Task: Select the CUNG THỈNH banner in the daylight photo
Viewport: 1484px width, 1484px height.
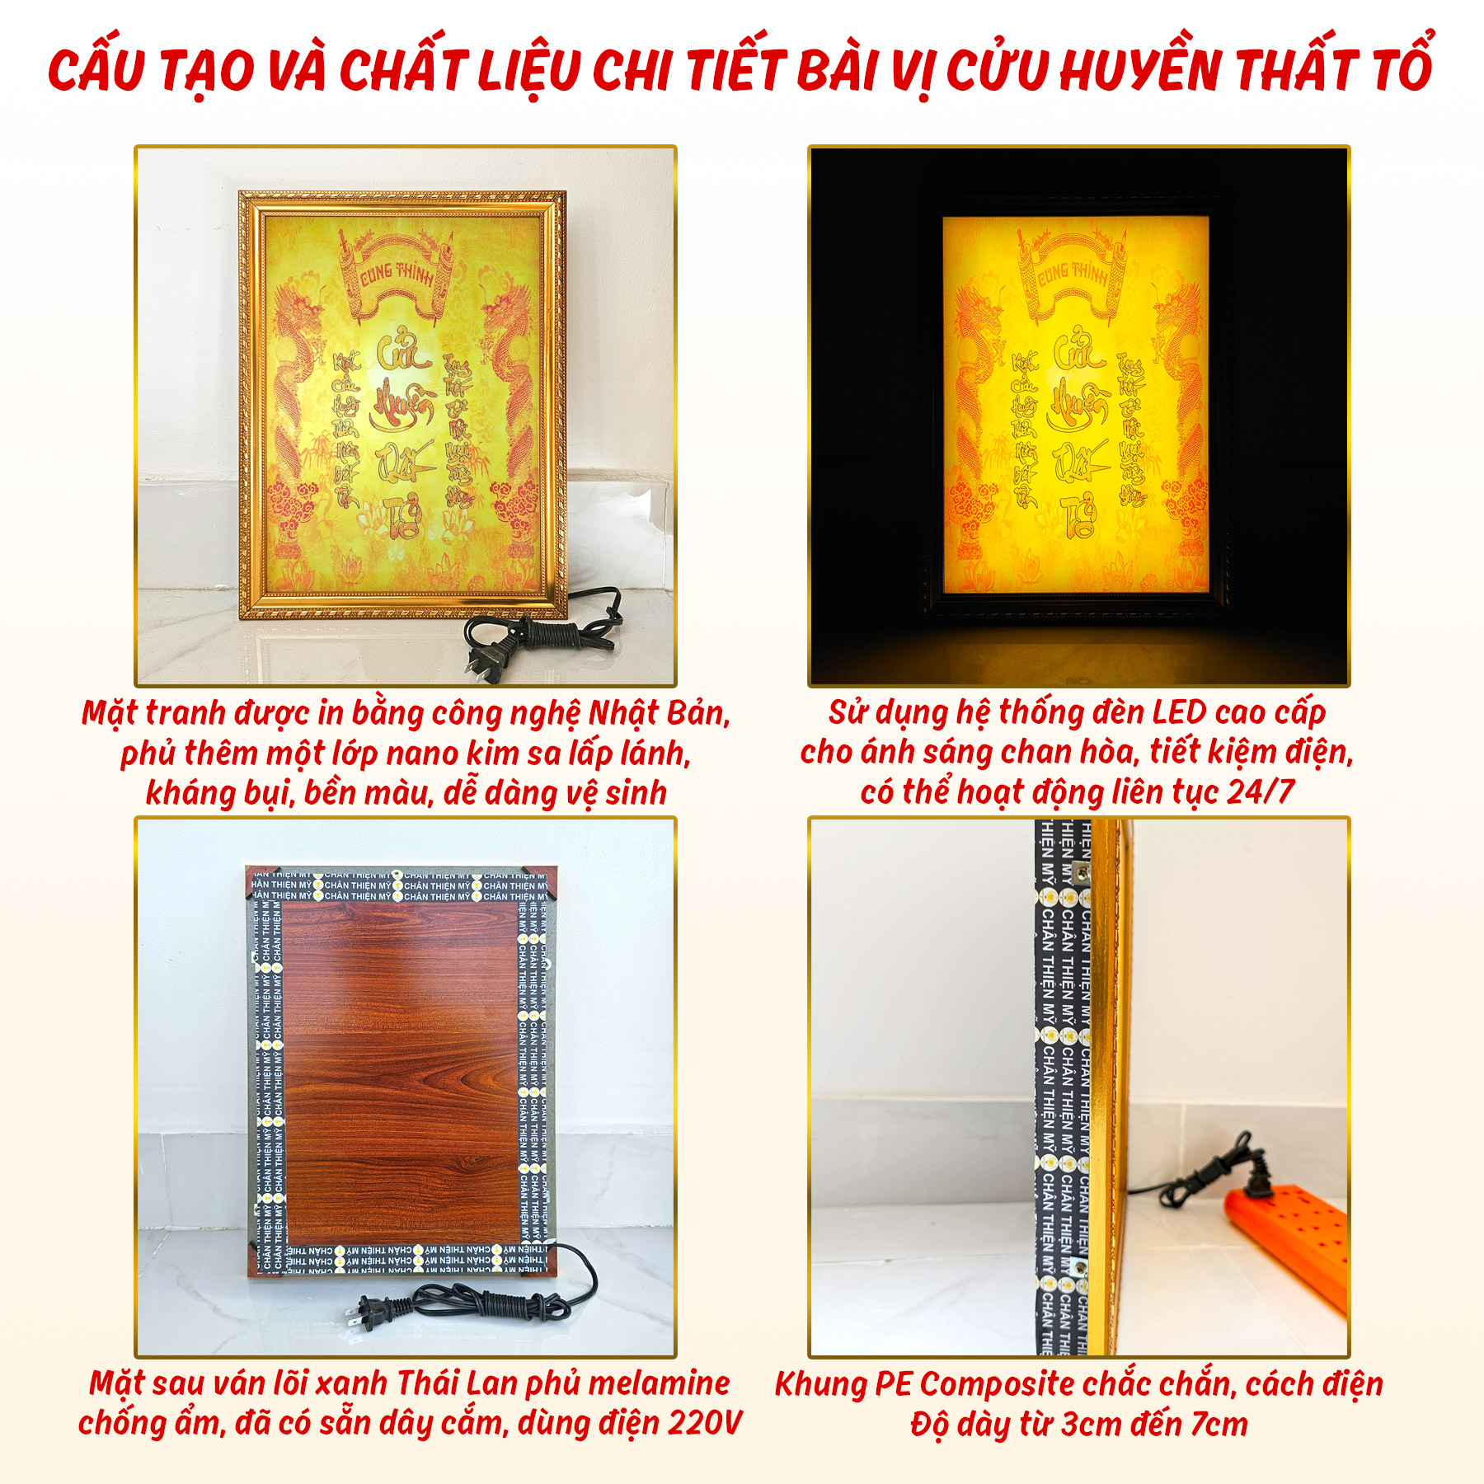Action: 397,273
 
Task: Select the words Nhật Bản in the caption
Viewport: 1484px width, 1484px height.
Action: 659,713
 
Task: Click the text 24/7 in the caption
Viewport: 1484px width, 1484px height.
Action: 1261,792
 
